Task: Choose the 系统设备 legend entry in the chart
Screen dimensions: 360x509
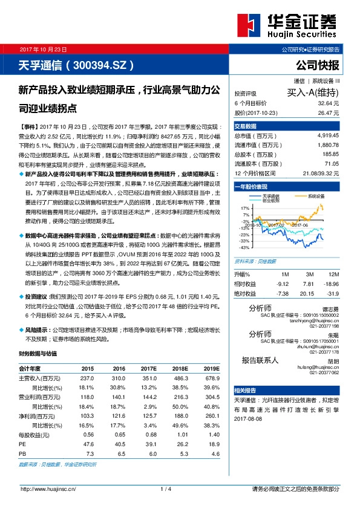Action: (317, 196)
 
